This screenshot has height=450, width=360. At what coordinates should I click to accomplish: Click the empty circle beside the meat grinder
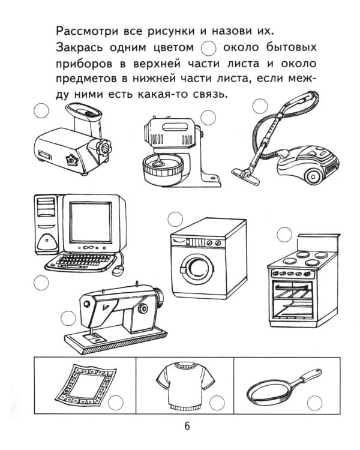(41, 111)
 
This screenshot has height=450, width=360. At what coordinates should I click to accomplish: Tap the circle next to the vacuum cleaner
(259, 106)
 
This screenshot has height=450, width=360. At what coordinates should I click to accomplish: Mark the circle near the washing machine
(175, 218)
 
